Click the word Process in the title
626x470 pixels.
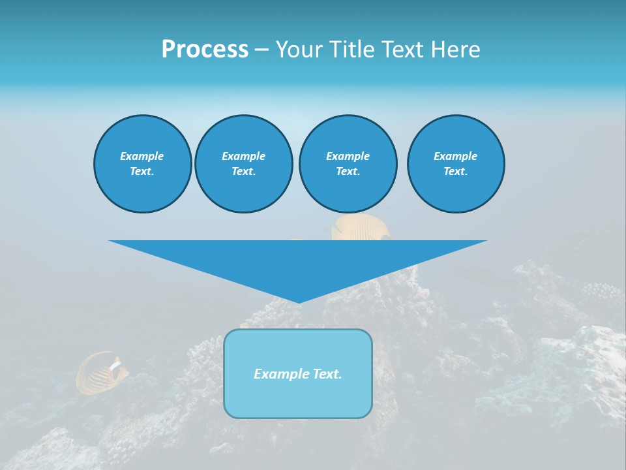pos(205,50)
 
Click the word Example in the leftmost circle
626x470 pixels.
pos(142,156)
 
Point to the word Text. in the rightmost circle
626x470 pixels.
pos(455,171)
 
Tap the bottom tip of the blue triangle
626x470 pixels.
pos(299,301)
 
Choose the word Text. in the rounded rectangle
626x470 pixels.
pos(327,374)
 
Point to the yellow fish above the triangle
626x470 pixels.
pos(359,228)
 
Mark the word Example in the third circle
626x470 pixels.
pos(348,156)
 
